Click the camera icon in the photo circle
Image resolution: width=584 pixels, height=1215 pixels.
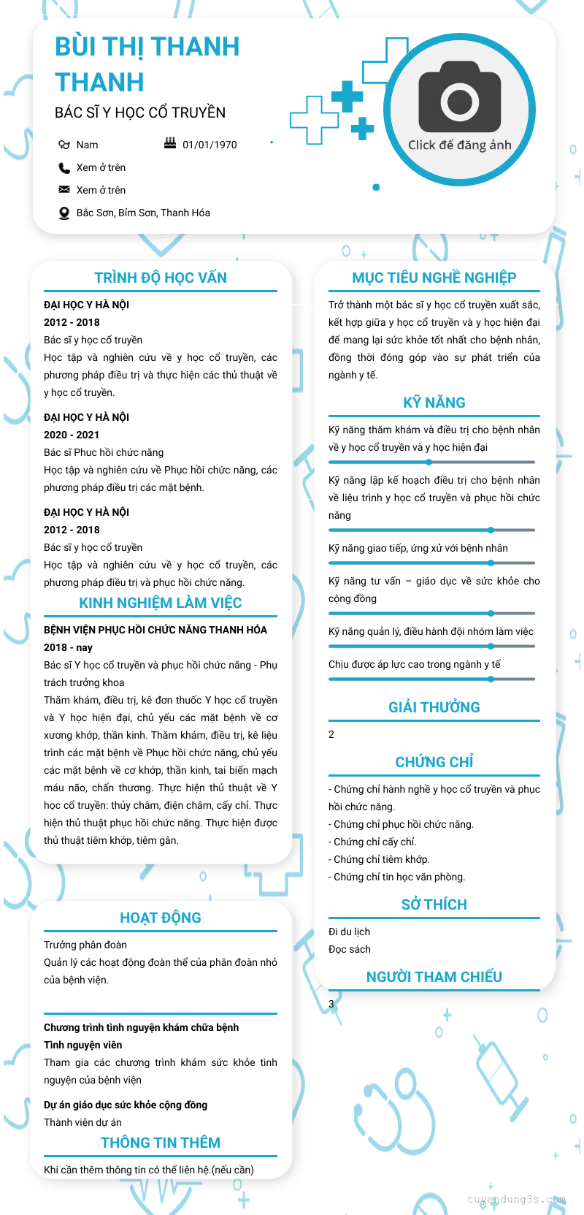coord(460,96)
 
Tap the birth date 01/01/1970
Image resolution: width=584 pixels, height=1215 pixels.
coord(210,145)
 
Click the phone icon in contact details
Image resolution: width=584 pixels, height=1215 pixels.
coord(64,167)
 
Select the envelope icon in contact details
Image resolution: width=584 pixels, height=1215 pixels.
coord(64,190)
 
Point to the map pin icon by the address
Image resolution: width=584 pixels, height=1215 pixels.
coord(64,213)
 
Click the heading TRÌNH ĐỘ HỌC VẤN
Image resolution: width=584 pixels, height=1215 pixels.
coord(161,278)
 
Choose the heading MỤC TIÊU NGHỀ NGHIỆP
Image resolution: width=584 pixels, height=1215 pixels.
coord(434,278)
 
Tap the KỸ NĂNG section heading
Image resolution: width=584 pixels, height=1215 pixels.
coord(434,403)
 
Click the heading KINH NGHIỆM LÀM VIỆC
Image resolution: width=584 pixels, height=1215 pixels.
coord(161,603)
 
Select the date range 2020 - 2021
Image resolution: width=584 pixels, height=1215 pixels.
coord(72,435)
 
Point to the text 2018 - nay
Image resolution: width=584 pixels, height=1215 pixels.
coord(68,647)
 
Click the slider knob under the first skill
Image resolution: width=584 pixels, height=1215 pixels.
coord(429,462)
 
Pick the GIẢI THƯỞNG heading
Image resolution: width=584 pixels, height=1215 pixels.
coord(434,707)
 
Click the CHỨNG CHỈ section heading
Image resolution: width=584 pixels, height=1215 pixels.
coord(434,762)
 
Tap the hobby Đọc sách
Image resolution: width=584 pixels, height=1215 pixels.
coord(350,949)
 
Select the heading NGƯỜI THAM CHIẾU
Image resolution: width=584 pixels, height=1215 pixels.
coord(434,977)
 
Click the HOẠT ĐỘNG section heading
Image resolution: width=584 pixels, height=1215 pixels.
coord(161,918)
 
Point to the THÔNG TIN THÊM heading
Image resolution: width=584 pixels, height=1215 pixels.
coord(161,1143)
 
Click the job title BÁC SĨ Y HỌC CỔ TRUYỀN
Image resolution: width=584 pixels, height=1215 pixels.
coord(140,113)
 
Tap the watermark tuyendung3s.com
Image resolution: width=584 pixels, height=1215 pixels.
coord(517,1199)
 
